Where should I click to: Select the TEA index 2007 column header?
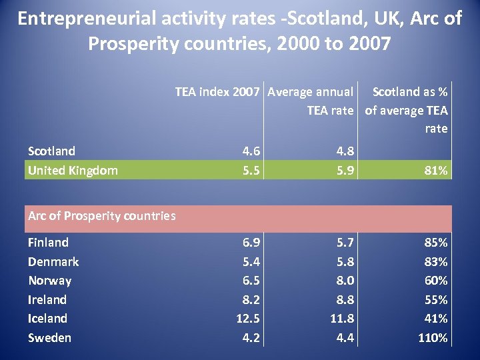coord(217,91)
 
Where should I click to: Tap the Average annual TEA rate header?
coord(310,101)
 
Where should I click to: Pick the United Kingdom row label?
coord(73,170)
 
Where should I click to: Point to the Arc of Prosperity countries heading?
coord(101,215)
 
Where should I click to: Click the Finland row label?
coord(48,242)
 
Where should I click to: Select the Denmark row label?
coord(53,261)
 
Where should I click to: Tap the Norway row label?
coord(49,281)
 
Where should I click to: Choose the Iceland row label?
coord(47,318)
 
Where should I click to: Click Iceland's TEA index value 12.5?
coord(247,318)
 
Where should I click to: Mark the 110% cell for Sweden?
coord(433,337)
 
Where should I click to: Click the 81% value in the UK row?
coord(437,170)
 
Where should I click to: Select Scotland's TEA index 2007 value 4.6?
coord(251,151)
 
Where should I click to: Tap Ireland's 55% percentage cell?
coord(437,299)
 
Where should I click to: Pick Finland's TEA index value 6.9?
coord(251,242)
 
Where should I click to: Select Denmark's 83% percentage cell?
coord(437,261)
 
